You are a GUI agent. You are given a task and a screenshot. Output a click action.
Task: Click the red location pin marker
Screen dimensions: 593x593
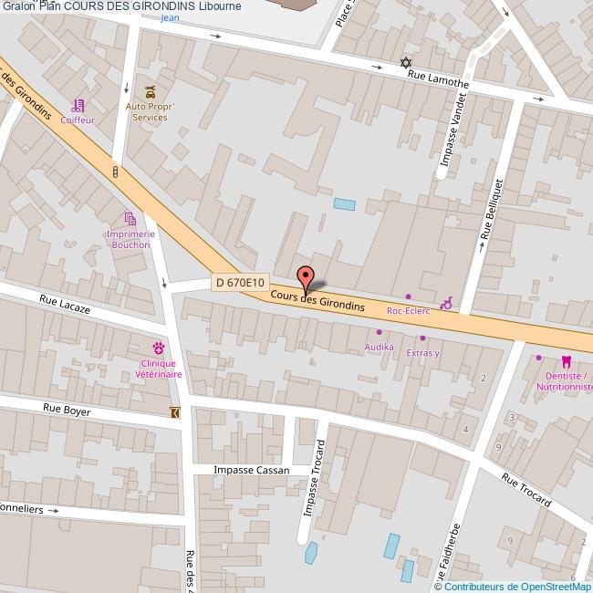point(305,277)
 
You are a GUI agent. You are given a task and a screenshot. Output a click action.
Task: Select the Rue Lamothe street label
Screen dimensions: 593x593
point(438,80)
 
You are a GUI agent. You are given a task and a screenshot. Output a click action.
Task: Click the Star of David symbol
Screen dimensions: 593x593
point(406,63)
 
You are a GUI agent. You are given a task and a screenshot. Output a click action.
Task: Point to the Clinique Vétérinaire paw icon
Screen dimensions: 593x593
point(159,347)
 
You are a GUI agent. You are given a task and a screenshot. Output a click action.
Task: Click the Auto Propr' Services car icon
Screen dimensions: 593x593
point(149,91)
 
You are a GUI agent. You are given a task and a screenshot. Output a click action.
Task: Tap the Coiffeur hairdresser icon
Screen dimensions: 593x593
point(78,105)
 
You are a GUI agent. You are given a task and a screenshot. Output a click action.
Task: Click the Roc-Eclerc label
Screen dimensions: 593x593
point(408,311)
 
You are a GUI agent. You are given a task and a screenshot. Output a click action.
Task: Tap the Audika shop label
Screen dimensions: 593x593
point(379,347)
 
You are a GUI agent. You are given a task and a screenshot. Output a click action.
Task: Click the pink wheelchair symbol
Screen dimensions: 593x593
point(446,303)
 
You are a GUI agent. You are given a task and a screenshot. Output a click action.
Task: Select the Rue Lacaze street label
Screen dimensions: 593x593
point(65,304)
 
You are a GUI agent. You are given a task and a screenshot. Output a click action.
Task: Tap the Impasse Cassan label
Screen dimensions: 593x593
point(251,471)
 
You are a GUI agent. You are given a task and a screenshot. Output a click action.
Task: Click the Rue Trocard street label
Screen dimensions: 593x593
point(527,489)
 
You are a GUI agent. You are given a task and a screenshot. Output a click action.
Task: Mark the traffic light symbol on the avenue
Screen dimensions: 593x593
point(115,172)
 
